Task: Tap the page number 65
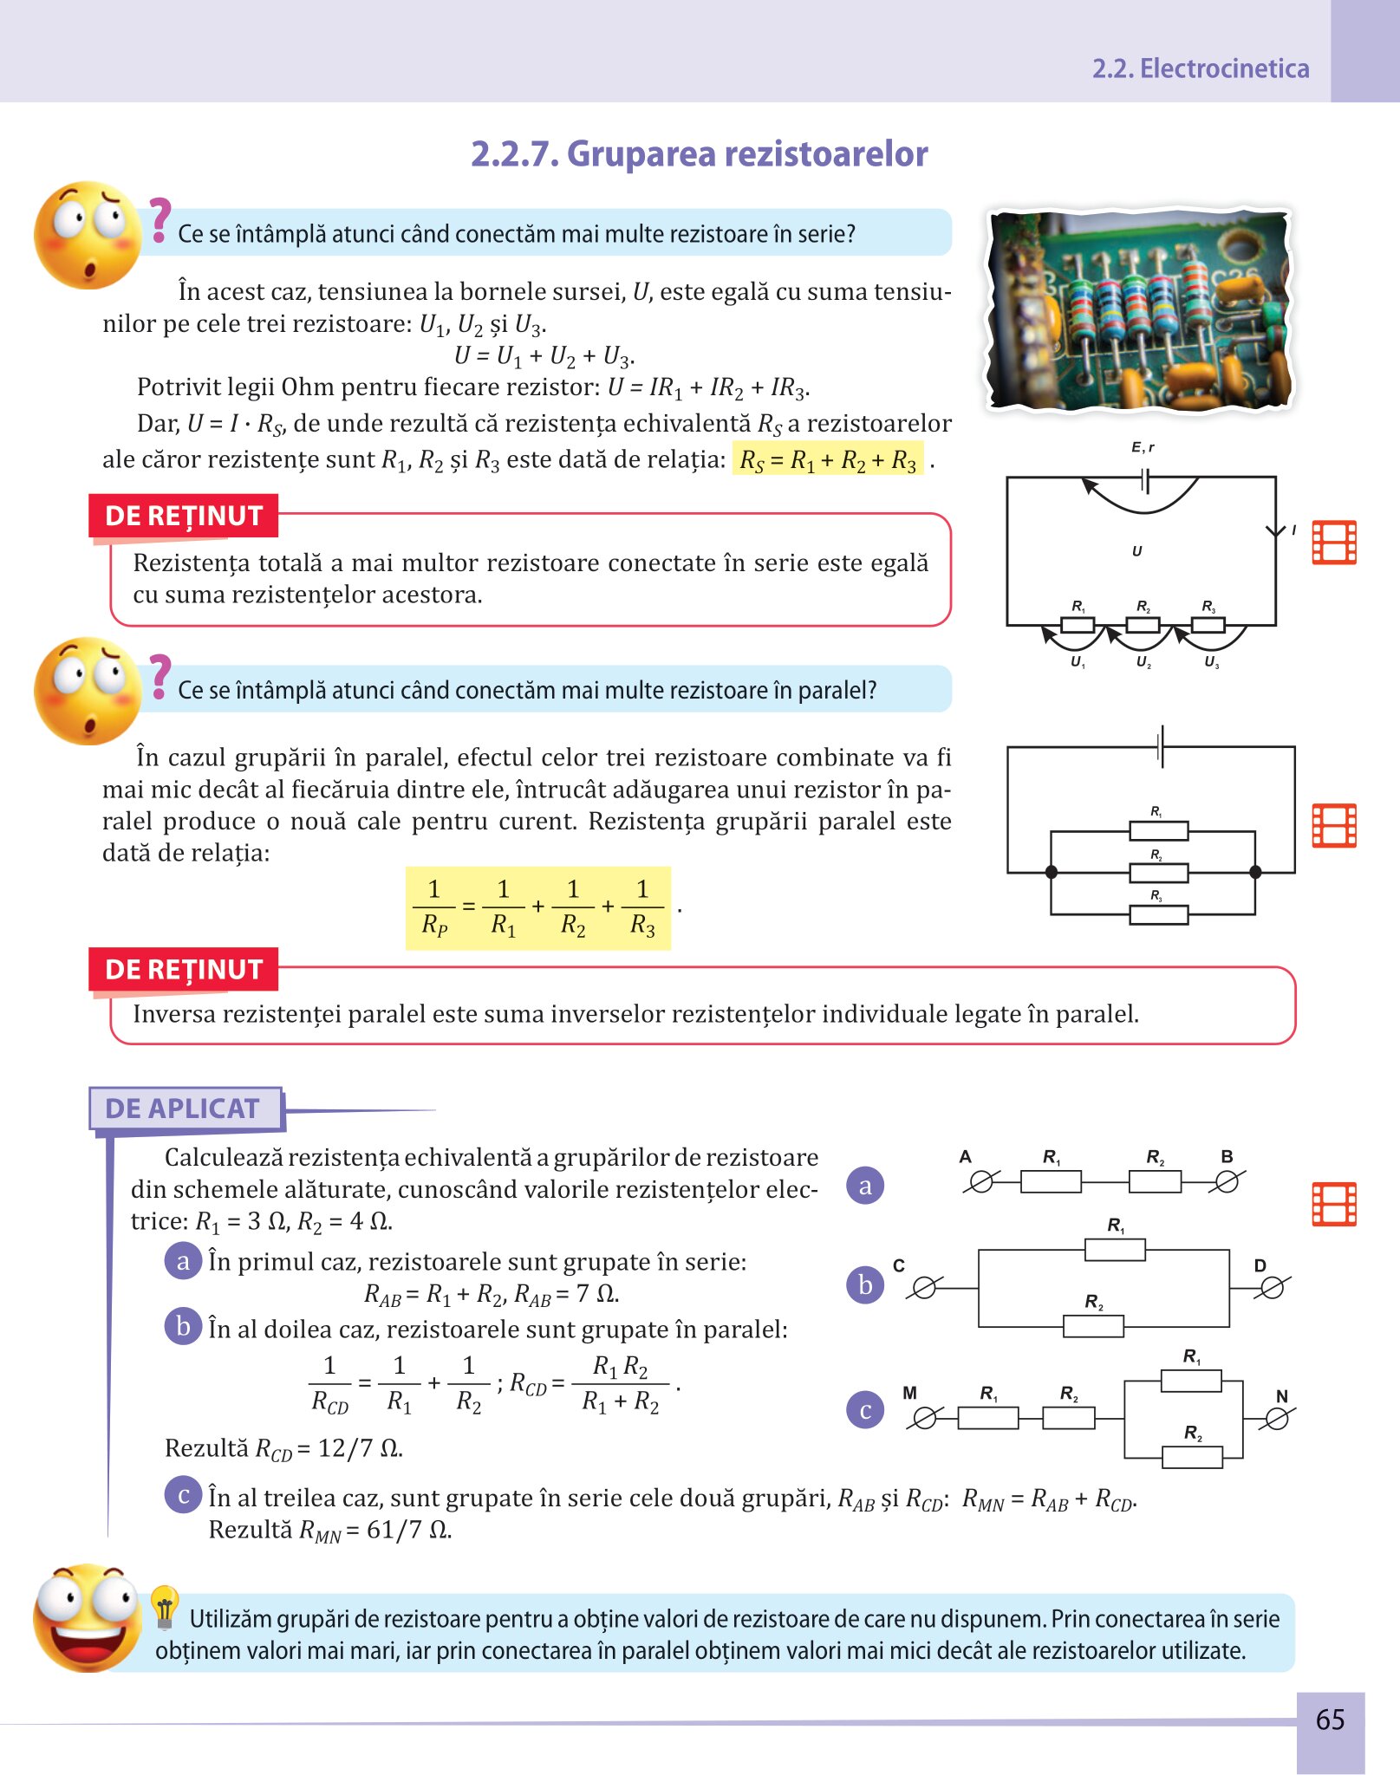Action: pos(1330,1719)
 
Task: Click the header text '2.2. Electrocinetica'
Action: pos(1200,68)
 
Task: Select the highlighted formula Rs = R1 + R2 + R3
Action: pos(828,459)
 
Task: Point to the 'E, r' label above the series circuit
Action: pos(1143,447)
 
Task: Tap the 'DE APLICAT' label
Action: pos(183,1109)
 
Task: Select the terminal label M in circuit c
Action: pos(909,1393)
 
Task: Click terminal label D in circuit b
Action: pos(1260,1265)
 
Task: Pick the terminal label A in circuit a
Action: pos(966,1156)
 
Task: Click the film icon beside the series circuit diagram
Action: pos(1333,543)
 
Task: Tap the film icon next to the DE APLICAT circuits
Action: pos(1333,1204)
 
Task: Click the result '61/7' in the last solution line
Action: pos(394,1530)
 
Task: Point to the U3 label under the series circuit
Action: pos(1211,662)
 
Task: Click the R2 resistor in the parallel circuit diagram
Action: pos(1158,872)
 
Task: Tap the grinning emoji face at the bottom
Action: pos(87,1617)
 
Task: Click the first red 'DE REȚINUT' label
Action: pos(184,516)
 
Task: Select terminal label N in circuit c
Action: pos(1282,1396)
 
